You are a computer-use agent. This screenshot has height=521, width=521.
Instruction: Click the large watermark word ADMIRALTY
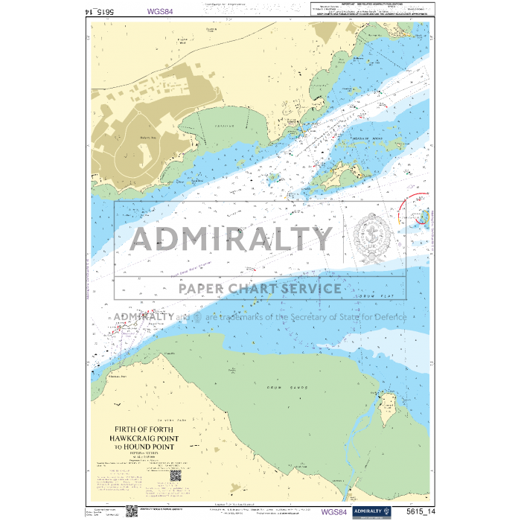[231, 239]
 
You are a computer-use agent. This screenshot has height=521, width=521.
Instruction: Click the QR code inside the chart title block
[176, 476]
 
